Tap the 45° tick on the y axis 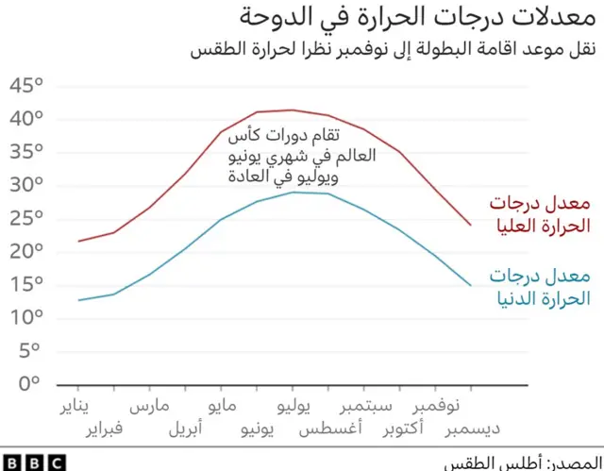(27, 87)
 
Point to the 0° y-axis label (27, 383)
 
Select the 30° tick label (27, 185)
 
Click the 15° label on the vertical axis (27, 284)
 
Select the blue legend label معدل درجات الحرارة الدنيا (539, 287)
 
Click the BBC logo (33, 462)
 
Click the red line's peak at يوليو (293, 110)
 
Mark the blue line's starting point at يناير (79, 300)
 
